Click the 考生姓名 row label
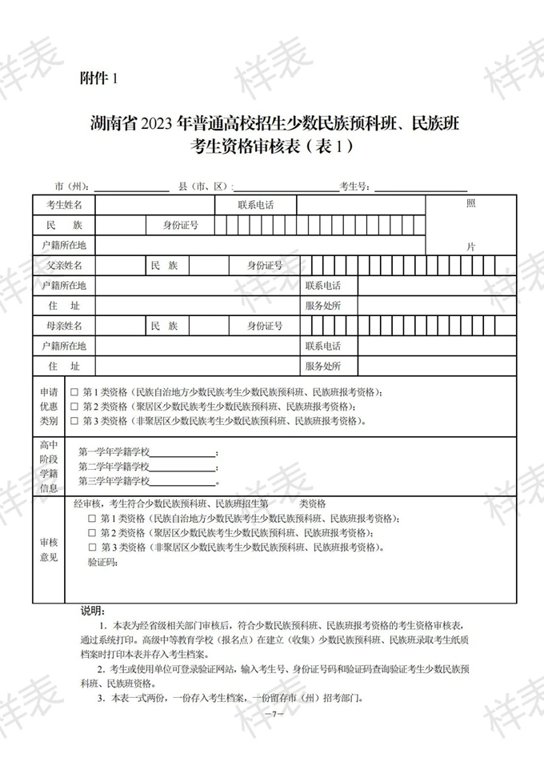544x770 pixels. [64, 205]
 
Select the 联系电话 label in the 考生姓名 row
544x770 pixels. [255, 205]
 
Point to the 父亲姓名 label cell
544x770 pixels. [64, 265]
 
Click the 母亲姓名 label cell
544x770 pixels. [64, 326]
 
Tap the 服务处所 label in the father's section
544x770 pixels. [322, 306]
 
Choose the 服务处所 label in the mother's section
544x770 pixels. [322, 367]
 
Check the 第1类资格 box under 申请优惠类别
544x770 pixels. [74, 392]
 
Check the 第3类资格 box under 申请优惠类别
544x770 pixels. [74, 421]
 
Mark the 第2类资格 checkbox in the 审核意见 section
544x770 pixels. [91, 533]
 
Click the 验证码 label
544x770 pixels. [102, 563]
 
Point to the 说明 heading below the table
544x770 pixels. [94, 610]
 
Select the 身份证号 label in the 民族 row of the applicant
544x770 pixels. [181, 226]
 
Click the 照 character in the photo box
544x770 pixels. [471, 204]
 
